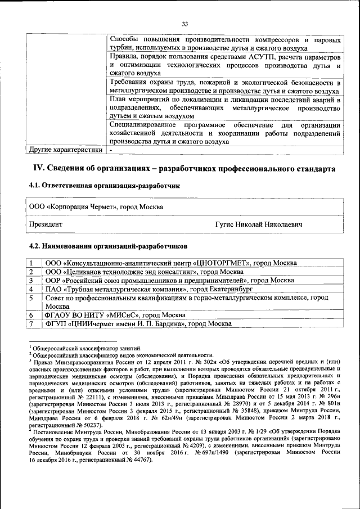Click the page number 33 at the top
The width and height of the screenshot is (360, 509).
[184, 23]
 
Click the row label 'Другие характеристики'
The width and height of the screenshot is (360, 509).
[65, 150]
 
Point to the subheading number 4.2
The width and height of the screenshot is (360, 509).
[35, 246]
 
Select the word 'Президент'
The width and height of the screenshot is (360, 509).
[46, 224]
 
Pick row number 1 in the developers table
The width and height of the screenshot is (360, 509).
[32, 263]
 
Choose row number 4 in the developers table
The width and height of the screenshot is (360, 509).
[32, 289]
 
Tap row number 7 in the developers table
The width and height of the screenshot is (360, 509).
[32, 324]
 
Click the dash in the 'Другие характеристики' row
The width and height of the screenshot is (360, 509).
[111, 150]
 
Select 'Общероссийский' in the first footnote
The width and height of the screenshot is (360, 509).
[55, 348]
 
